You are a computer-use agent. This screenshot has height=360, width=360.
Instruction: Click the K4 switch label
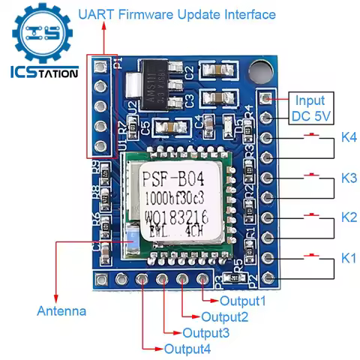tap(349, 137)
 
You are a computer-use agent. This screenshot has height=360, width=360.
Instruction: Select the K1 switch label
tap(349, 259)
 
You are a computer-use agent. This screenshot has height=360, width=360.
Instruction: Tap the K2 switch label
tap(349, 217)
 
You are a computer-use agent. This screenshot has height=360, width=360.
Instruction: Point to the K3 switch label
tap(349, 178)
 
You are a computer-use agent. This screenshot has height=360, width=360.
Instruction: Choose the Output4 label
tap(187, 349)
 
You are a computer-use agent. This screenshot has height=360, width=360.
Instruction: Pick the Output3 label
tap(206, 333)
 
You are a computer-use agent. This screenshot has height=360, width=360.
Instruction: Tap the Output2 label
tap(225, 317)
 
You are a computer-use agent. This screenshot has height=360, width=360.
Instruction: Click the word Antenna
tap(61, 310)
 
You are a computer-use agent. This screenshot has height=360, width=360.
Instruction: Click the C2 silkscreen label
tap(190, 73)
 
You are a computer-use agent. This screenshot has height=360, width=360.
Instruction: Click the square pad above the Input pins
tap(265, 97)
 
